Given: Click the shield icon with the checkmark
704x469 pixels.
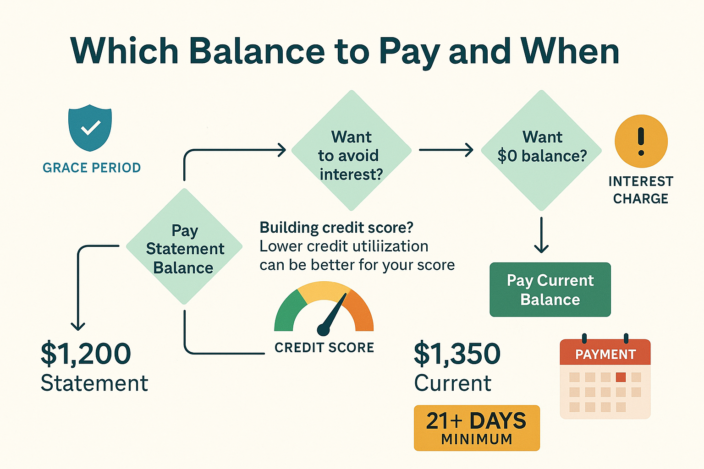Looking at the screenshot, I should click(x=90, y=128).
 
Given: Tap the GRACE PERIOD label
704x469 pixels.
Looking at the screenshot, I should click(x=92, y=168).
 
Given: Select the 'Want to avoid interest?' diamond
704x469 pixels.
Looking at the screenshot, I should click(x=351, y=151).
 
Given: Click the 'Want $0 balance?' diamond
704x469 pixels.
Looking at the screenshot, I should click(x=542, y=150).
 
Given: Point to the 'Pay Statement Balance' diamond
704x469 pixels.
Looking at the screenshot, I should click(x=184, y=247).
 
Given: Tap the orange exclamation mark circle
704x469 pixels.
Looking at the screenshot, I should click(x=641, y=141).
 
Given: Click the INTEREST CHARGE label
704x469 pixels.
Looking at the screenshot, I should click(x=641, y=190).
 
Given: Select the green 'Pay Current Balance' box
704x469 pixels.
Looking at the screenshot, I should click(x=550, y=289).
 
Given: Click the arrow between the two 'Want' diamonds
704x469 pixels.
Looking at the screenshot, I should click(x=446, y=150).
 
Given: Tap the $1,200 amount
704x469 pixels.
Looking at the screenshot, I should click(x=86, y=354).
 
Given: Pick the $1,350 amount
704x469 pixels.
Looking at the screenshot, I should click(x=457, y=354).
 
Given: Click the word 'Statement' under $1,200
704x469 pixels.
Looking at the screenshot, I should click(x=94, y=383).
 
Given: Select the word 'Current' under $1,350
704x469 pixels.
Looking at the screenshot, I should click(x=453, y=383).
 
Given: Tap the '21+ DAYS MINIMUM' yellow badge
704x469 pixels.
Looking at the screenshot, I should click(x=477, y=428).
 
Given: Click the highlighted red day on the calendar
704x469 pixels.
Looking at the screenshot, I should click(x=621, y=377).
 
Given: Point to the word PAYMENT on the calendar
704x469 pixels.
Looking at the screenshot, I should click(x=605, y=354).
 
